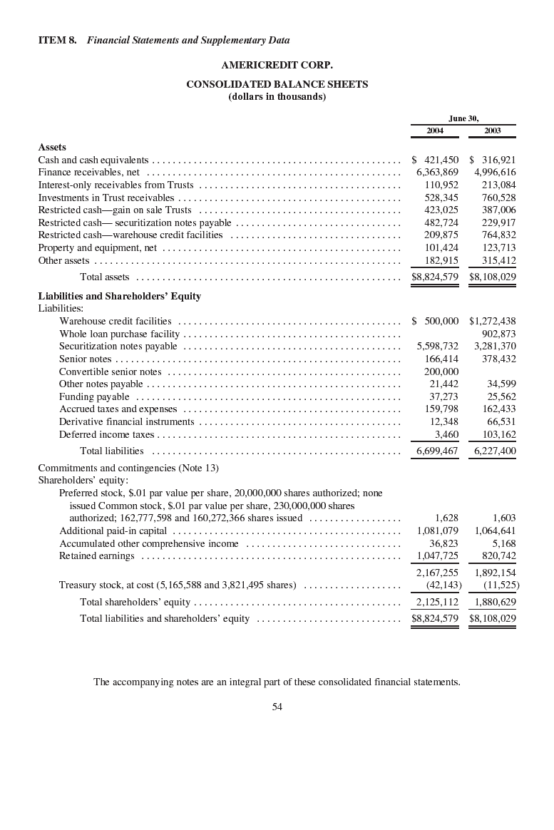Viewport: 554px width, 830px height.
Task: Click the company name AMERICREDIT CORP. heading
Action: click(277, 65)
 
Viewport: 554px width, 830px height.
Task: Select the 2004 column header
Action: click(435, 130)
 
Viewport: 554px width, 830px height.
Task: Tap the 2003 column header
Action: click(492, 130)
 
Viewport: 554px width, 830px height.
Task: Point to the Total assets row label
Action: click(105, 277)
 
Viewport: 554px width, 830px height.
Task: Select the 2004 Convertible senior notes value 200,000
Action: click(441, 372)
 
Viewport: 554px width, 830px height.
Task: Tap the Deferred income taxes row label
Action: click(106, 434)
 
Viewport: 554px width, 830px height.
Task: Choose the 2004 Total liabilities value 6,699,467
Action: click(437, 451)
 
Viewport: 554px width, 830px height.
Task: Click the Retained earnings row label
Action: click(96, 555)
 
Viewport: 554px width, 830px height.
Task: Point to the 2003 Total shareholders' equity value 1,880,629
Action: click(495, 602)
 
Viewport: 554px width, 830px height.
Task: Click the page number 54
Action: click(277, 707)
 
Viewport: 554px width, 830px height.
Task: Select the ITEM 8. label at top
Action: click(57, 41)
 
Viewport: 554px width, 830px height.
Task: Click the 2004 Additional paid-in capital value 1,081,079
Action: click(437, 531)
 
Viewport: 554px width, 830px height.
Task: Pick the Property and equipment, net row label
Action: click(97, 247)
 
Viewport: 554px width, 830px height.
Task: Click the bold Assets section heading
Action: click(52, 148)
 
